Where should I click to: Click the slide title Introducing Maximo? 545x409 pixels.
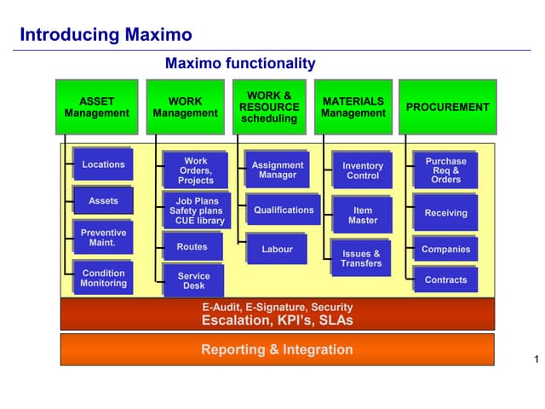tap(106, 35)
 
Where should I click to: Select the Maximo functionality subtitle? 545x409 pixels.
tap(240, 63)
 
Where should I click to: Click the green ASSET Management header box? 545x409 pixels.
tap(96, 107)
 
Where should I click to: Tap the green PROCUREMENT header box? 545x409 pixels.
tap(447, 107)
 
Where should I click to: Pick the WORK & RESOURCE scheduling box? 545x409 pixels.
tap(269, 107)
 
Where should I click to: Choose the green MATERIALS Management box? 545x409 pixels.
tap(353, 107)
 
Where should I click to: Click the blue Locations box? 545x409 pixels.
tap(103, 164)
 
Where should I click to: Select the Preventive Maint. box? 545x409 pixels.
tap(103, 238)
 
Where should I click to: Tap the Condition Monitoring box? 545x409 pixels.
tap(103, 279)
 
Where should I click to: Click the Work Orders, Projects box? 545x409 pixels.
tap(196, 170)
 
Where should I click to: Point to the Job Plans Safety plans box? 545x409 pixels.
tap(196, 210)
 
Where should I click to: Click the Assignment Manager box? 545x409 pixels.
tap(278, 170)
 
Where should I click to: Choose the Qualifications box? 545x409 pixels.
tap(284, 210)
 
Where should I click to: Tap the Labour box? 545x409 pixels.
tap(277, 250)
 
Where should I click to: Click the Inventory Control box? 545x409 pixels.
tap(363, 170)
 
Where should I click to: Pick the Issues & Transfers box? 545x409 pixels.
tap(361, 258)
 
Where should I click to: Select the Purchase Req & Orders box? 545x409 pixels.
tap(445, 170)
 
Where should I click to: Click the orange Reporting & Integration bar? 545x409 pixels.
tap(277, 349)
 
